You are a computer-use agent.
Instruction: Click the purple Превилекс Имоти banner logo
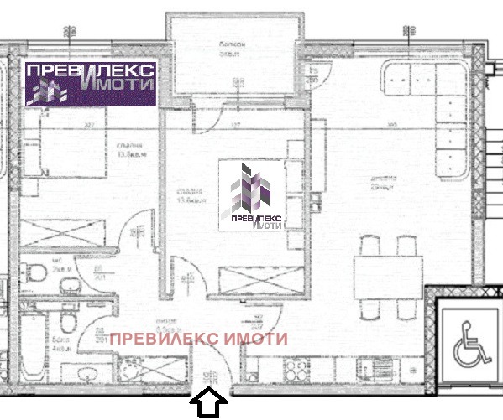pyautogui.click(x=88, y=83)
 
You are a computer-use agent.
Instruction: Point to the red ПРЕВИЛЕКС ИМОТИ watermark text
pyautogui.click(x=199, y=339)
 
